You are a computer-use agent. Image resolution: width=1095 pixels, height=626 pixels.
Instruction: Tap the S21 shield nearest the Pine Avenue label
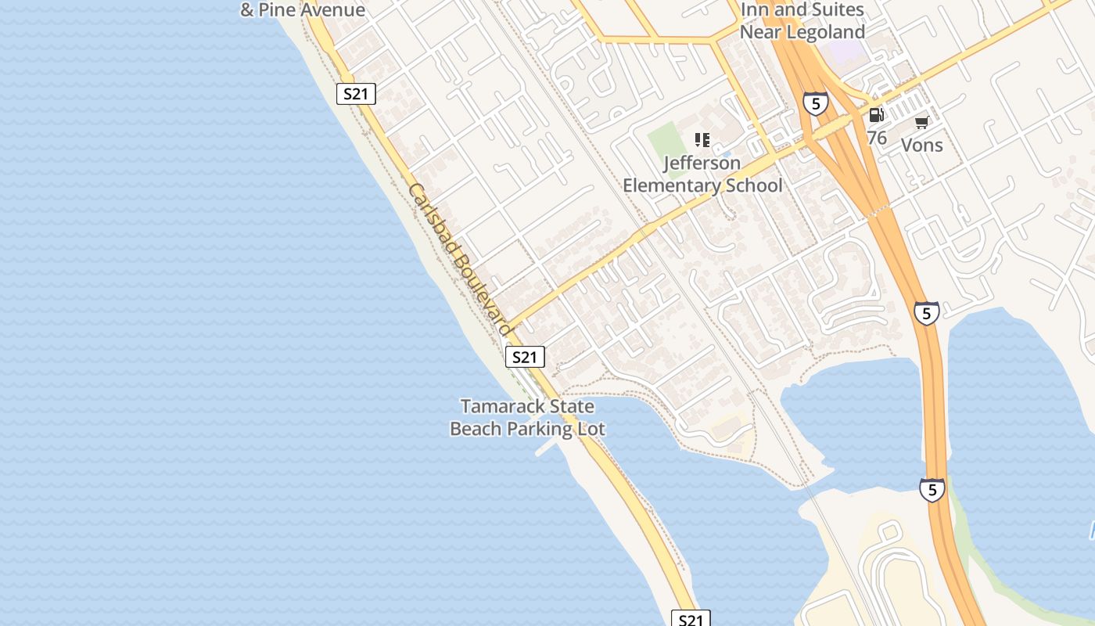coord(356,95)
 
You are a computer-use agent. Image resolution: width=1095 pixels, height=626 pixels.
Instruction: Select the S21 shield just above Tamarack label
coord(524,358)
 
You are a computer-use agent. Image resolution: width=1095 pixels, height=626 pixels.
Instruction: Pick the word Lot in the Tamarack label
coord(592,429)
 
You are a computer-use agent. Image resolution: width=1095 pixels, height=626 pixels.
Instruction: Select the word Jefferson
coord(702,164)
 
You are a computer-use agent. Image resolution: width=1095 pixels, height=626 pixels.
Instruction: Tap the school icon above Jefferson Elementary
coord(702,140)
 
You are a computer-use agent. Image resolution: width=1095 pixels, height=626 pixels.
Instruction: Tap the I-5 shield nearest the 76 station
coord(815,103)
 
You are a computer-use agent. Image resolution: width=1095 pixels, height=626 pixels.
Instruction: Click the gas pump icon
coord(877,115)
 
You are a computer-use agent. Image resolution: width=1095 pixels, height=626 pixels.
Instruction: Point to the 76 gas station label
coord(877,139)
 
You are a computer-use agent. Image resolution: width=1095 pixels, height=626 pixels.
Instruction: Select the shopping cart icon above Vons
coord(922,122)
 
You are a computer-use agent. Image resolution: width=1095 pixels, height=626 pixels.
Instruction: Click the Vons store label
coord(922,145)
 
